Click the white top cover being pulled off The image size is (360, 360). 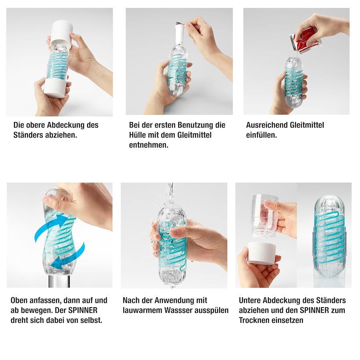coord(61,32)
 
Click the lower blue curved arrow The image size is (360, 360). coord(68,256)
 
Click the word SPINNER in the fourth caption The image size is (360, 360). coord(83,310)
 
